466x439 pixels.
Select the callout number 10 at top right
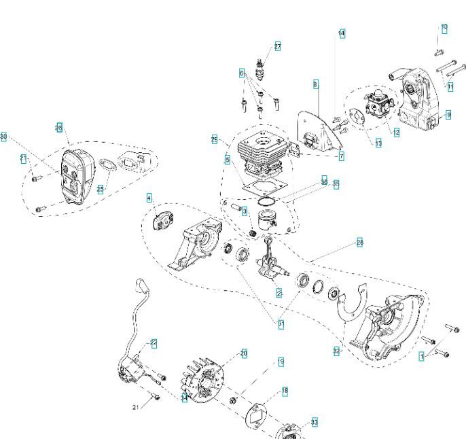[444, 27]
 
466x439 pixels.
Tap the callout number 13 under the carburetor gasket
[378, 143]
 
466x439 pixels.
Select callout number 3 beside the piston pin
[244, 212]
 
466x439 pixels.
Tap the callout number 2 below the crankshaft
[279, 293]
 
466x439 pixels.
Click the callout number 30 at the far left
[4, 137]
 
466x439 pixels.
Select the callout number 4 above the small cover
[149, 198]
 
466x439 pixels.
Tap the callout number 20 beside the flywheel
[244, 353]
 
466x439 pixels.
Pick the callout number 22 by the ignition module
[154, 343]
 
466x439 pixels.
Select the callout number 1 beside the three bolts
[423, 356]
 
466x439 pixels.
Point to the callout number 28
[359, 243]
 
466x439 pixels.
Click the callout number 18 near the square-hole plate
[285, 391]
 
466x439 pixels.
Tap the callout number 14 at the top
[341, 33]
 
